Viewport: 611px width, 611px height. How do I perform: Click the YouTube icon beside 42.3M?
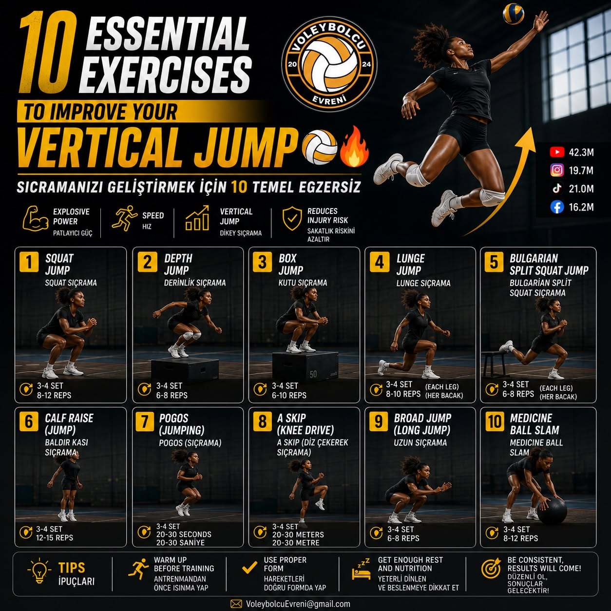(557, 152)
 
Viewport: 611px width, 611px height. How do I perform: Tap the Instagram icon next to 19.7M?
(557, 171)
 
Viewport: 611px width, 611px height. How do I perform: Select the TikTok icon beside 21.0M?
(557, 189)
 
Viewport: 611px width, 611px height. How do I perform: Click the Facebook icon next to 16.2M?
(557, 207)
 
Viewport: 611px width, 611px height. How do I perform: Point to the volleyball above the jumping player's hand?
(514, 14)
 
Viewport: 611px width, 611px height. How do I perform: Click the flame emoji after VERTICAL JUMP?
(355, 147)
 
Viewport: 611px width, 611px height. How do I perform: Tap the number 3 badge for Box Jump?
(262, 262)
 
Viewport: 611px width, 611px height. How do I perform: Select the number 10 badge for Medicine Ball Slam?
(495, 422)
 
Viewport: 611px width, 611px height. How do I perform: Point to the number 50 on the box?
(313, 374)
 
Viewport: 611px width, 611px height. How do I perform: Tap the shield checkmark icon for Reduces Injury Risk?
(292, 218)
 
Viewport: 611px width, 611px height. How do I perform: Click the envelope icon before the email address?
(236, 604)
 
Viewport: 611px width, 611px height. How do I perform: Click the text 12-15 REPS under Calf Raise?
(54, 537)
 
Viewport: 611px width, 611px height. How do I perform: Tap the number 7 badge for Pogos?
(145, 422)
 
